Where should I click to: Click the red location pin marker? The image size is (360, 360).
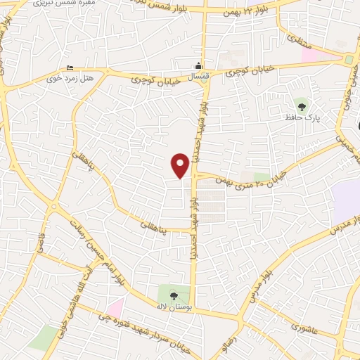tap(181, 165)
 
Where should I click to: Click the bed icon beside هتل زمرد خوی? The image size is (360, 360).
tap(69, 67)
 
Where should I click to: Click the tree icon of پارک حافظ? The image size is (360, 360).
tap(302, 107)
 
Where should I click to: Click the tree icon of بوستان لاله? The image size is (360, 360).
tap(174, 295)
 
